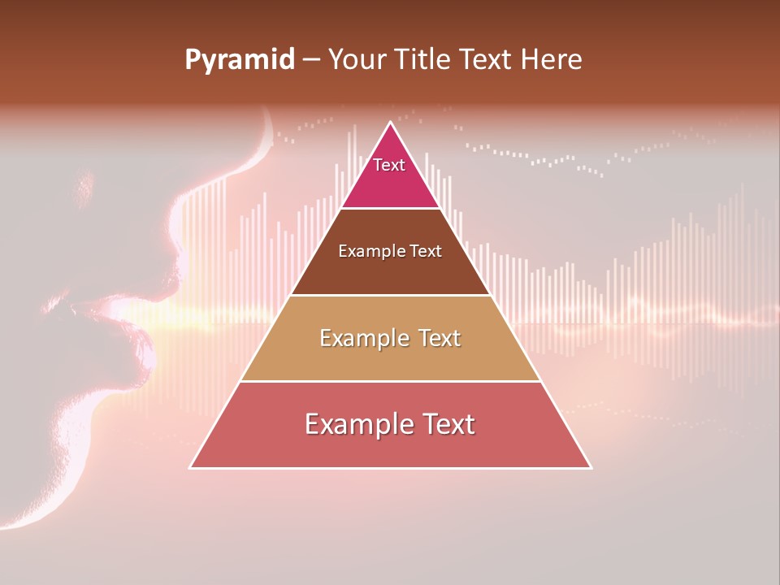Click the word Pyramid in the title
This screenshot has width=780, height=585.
pyautogui.click(x=240, y=60)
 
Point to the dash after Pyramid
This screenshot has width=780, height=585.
pyautogui.click(x=310, y=60)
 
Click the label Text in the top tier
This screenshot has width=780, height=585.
pyautogui.click(x=389, y=165)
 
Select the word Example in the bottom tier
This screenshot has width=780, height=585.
pyautogui.click(x=357, y=424)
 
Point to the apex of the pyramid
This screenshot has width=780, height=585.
pyautogui.click(x=391, y=123)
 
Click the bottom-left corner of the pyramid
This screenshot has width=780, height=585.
pyautogui.click(x=190, y=468)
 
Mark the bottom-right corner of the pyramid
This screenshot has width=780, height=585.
pyautogui.click(x=591, y=468)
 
